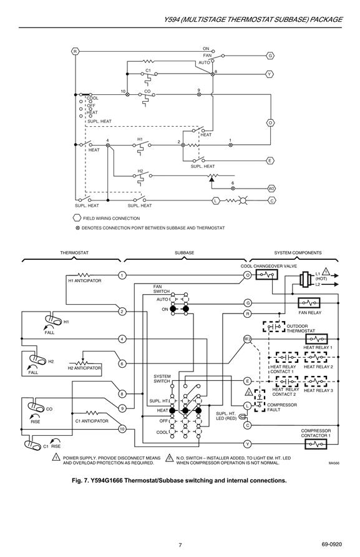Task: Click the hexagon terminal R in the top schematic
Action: pos(75,51)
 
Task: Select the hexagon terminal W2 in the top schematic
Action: pos(271,189)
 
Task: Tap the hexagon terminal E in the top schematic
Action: pos(270,160)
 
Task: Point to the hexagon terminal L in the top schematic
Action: pos(215,200)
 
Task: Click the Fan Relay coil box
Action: pos(309,303)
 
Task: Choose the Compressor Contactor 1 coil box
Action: pos(316,444)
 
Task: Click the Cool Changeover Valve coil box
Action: pos(266,275)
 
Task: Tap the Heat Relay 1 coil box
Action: pos(316,339)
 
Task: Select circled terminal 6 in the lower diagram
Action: pos(122,364)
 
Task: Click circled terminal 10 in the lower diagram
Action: pos(122,429)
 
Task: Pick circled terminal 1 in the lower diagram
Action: pos(122,275)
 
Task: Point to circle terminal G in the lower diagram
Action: pos(248,303)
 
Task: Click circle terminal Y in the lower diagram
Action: pos(248,444)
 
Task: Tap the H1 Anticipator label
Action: pos(85,281)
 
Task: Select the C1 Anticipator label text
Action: pos(92,421)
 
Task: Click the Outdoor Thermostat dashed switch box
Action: pos(274,327)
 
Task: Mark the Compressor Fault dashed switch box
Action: pos(260,401)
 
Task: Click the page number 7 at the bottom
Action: pos(180,545)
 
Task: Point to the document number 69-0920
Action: pos(331,545)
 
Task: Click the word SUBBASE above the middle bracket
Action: pos(184,253)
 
